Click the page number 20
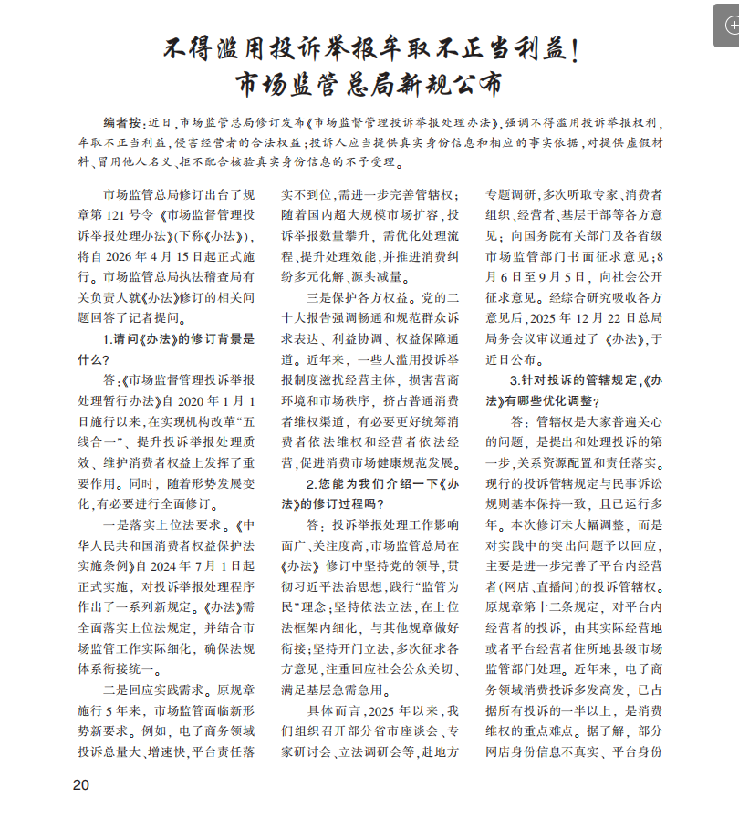pos(80,785)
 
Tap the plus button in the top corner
pos(727,28)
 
